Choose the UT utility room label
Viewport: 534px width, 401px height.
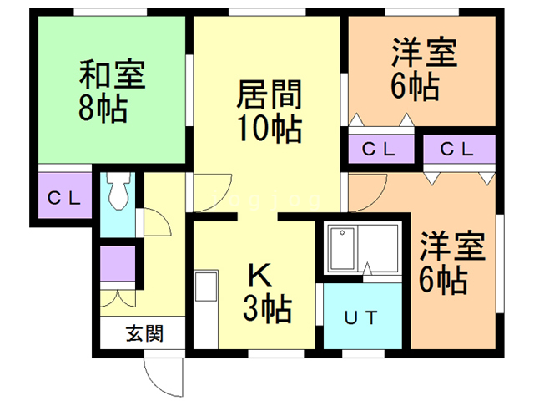tap(362, 317)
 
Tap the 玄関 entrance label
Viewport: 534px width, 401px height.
tap(144, 334)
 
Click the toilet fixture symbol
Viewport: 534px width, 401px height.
tap(118, 193)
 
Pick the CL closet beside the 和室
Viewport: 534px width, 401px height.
tap(63, 198)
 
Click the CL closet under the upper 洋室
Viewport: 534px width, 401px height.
tap(380, 150)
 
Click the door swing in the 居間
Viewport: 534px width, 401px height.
tap(213, 194)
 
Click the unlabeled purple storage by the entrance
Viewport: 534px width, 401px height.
tap(117, 265)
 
